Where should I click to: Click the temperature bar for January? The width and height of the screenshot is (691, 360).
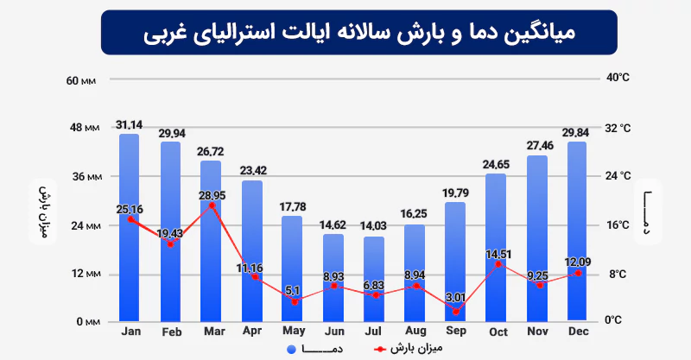130,259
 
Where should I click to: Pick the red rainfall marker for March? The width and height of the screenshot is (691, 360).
212,205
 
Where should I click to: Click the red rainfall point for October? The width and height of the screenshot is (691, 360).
497,263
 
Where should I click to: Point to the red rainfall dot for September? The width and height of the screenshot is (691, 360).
455,311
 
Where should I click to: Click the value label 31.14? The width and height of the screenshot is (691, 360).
130,125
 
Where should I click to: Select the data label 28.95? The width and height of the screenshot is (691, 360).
212,196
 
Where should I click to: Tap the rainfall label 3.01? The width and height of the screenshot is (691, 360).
455,298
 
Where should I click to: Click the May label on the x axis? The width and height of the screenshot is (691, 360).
293,332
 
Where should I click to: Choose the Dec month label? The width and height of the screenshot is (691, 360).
578,332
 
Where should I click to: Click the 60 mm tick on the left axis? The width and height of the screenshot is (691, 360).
84,81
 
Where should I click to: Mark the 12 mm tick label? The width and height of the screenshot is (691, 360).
84,275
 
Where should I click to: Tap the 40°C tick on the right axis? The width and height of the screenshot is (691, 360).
618,78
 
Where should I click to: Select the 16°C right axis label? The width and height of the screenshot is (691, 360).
618,225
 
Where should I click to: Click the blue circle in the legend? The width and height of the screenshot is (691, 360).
291,349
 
